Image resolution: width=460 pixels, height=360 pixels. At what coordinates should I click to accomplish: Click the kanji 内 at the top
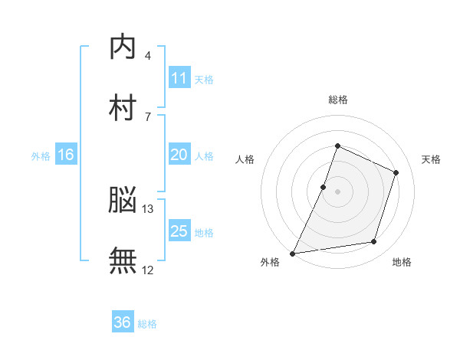tap(123, 47)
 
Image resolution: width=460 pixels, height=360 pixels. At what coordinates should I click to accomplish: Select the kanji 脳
tap(123, 201)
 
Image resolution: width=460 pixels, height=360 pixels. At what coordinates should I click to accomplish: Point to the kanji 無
tap(123, 260)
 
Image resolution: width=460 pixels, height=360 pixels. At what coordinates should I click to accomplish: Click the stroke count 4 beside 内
tap(147, 56)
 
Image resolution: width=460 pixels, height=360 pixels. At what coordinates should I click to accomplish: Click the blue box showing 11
tap(179, 78)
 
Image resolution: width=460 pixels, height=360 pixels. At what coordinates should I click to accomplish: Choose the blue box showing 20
tap(179, 155)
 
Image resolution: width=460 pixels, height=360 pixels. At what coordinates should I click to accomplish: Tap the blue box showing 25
tap(179, 231)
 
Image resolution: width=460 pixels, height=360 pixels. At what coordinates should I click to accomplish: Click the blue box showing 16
tap(66, 155)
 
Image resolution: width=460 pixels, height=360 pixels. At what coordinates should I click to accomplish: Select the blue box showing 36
tap(123, 322)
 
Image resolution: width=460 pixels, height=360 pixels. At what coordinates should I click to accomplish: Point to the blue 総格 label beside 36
tap(147, 324)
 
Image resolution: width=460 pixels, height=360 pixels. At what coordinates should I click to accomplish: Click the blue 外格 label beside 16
tap(41, 156)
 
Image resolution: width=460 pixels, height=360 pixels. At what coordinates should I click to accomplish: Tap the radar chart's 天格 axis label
tap(431, 159)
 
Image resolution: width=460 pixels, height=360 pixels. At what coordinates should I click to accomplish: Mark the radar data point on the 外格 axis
tap(293, 253)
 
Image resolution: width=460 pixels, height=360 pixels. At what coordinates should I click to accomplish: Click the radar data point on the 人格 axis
tap(324, 187)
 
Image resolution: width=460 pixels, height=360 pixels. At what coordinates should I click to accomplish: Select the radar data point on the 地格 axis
tap(374, 242)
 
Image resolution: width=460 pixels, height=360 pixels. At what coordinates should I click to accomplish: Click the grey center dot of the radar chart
tap(337, 191)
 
